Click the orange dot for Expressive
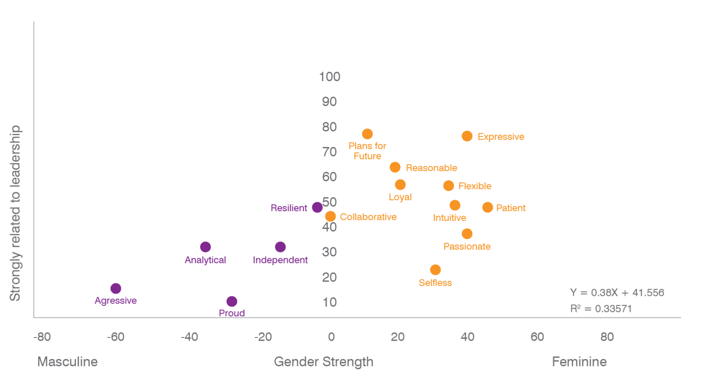(x=467, y=136)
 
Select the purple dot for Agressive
(x=116, y=288)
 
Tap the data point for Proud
(x=232, y=301)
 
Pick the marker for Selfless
(x=435, y=270)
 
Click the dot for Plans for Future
(x=368, y=134)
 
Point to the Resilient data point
(x=317, y=207)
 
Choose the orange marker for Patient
(x=487, y=207)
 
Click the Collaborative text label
(x=368, y=217)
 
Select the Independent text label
(x=281, y=260)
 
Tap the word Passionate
(x=467, y=247)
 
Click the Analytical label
(x=205, y=260)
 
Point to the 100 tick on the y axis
(x=330, y=77)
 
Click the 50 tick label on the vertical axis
(x=330, y=202)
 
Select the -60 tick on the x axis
(x=115, y=337)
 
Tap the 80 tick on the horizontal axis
(x=607, y=337)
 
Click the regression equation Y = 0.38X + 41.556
(x=617, y=293)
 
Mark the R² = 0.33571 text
(x=601, y=309)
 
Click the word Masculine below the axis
(x=67, y=362)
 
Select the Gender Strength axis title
(x=324, y=362)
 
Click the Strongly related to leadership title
(x=16, y=213)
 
